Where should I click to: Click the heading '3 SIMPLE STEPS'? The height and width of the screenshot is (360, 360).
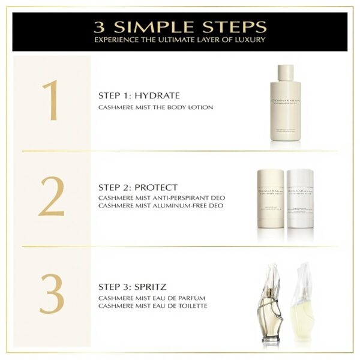pos(180,27)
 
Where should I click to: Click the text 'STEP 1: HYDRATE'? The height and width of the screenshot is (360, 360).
pos(139,95)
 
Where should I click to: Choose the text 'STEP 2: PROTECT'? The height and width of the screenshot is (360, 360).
pos(138,187)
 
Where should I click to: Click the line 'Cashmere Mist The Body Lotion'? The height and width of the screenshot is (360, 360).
pos(155,107)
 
